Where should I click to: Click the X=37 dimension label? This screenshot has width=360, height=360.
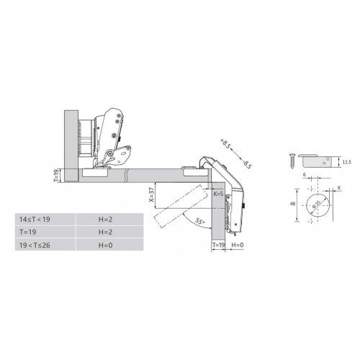151,194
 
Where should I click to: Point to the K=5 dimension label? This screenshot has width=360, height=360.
218,194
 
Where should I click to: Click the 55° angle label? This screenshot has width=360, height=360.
199,221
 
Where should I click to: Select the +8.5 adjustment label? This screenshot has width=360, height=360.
225,144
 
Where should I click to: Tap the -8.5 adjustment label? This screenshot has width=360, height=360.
247,164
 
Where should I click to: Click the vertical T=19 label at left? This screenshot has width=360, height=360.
56,176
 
